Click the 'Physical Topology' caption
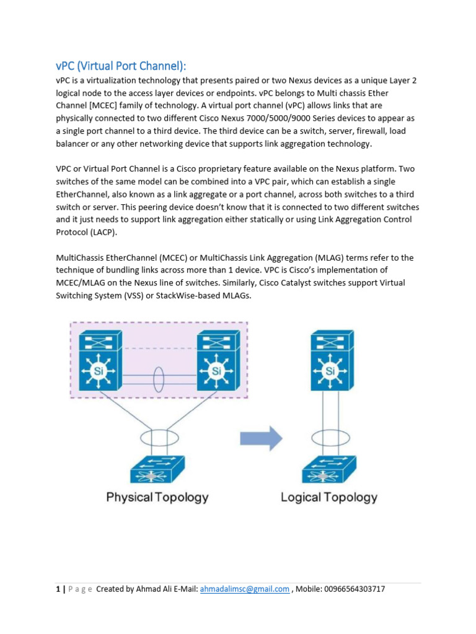pos(157,497)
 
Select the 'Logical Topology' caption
pos(329,497)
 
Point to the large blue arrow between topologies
pos(261,438)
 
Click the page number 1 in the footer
pos(57,589)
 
